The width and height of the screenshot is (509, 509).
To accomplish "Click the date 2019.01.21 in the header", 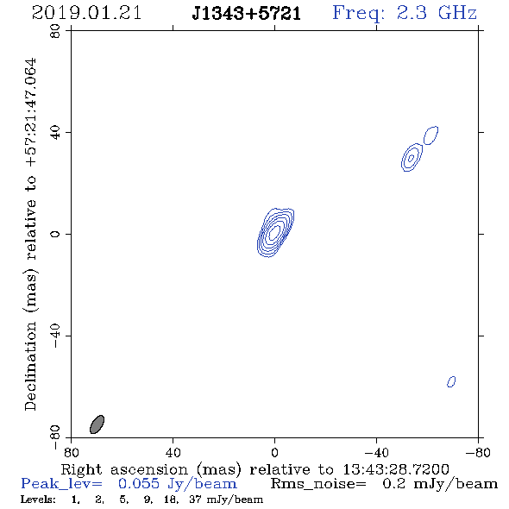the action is click(86, 13).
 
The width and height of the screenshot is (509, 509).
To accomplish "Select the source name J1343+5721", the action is click(247, 14).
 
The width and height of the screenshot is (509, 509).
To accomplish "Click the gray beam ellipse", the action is click(97, 424).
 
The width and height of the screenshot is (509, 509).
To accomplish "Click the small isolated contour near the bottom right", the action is click(451, 381).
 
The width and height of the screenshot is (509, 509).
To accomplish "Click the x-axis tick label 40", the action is click(173, 452).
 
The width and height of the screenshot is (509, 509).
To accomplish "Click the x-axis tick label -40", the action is click(376, 452).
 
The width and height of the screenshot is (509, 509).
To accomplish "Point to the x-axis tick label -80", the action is click(478, 452).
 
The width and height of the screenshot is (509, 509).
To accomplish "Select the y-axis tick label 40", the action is click(55, 133).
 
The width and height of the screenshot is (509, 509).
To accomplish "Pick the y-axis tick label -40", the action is click(55, 336).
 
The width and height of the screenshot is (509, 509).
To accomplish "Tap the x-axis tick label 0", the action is click(274, 452).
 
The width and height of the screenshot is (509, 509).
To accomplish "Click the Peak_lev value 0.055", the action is click(139, 483).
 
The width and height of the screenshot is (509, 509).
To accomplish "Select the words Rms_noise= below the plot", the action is click(318, 484).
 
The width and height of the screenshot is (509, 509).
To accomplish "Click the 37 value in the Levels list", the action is click(196, 500).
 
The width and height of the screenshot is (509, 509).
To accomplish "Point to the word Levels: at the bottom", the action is click(38, 500).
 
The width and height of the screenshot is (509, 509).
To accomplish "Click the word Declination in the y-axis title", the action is click(30, 366).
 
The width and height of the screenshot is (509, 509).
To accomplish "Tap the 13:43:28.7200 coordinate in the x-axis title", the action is click(396, 469).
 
